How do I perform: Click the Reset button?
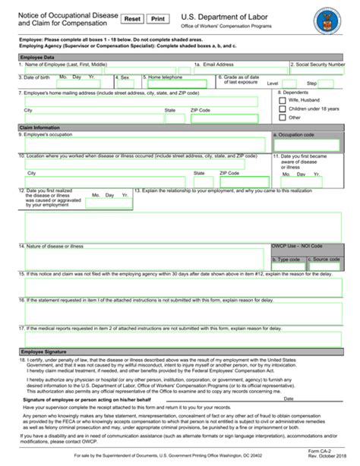point(132,18)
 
